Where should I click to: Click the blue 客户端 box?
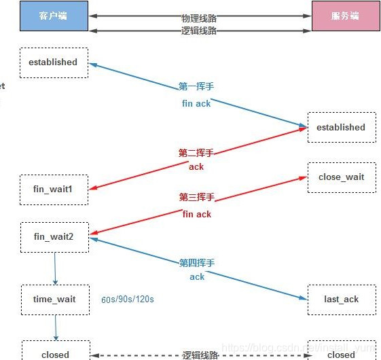click(x=54, y=16)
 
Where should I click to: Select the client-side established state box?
click(x=54, y=62)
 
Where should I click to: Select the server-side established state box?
click(x=341, y=127)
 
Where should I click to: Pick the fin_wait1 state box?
click(x=54, y=190)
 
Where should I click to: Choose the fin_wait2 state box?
click(x=54, y=237)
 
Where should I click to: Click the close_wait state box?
click(x=341, y=177)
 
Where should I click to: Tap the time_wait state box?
click(x=54, y=300)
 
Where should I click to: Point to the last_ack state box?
click(x=341, y=300)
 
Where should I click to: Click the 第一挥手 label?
click(x=196, y=87)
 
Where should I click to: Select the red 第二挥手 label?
click(x=196, y=153)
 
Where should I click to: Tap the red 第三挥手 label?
click(x=196, y=197)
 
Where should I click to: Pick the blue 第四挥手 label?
click(x=196, y=263)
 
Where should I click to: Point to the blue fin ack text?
click(x=196, y=103)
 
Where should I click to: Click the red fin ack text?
click(x=196, y=214)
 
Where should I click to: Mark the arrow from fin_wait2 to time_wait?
click(x=55, y=269)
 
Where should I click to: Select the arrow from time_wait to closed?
click(x=55, y=327)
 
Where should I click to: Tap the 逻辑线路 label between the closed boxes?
click(x=199, y=355)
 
